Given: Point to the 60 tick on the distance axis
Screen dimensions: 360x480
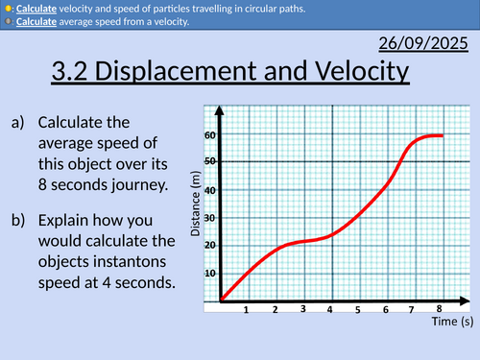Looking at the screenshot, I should click(209, 135).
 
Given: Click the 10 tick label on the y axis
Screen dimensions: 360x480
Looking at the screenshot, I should click(209, 273).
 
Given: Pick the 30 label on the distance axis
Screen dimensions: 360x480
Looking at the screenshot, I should click(209, 218).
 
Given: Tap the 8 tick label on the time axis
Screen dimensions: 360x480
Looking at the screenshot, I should click(439, 308).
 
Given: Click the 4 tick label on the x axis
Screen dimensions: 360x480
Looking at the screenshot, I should click(329, 309).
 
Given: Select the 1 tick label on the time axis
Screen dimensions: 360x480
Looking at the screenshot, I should click(247, 309).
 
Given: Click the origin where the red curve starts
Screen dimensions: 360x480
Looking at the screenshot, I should click(221, 300).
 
